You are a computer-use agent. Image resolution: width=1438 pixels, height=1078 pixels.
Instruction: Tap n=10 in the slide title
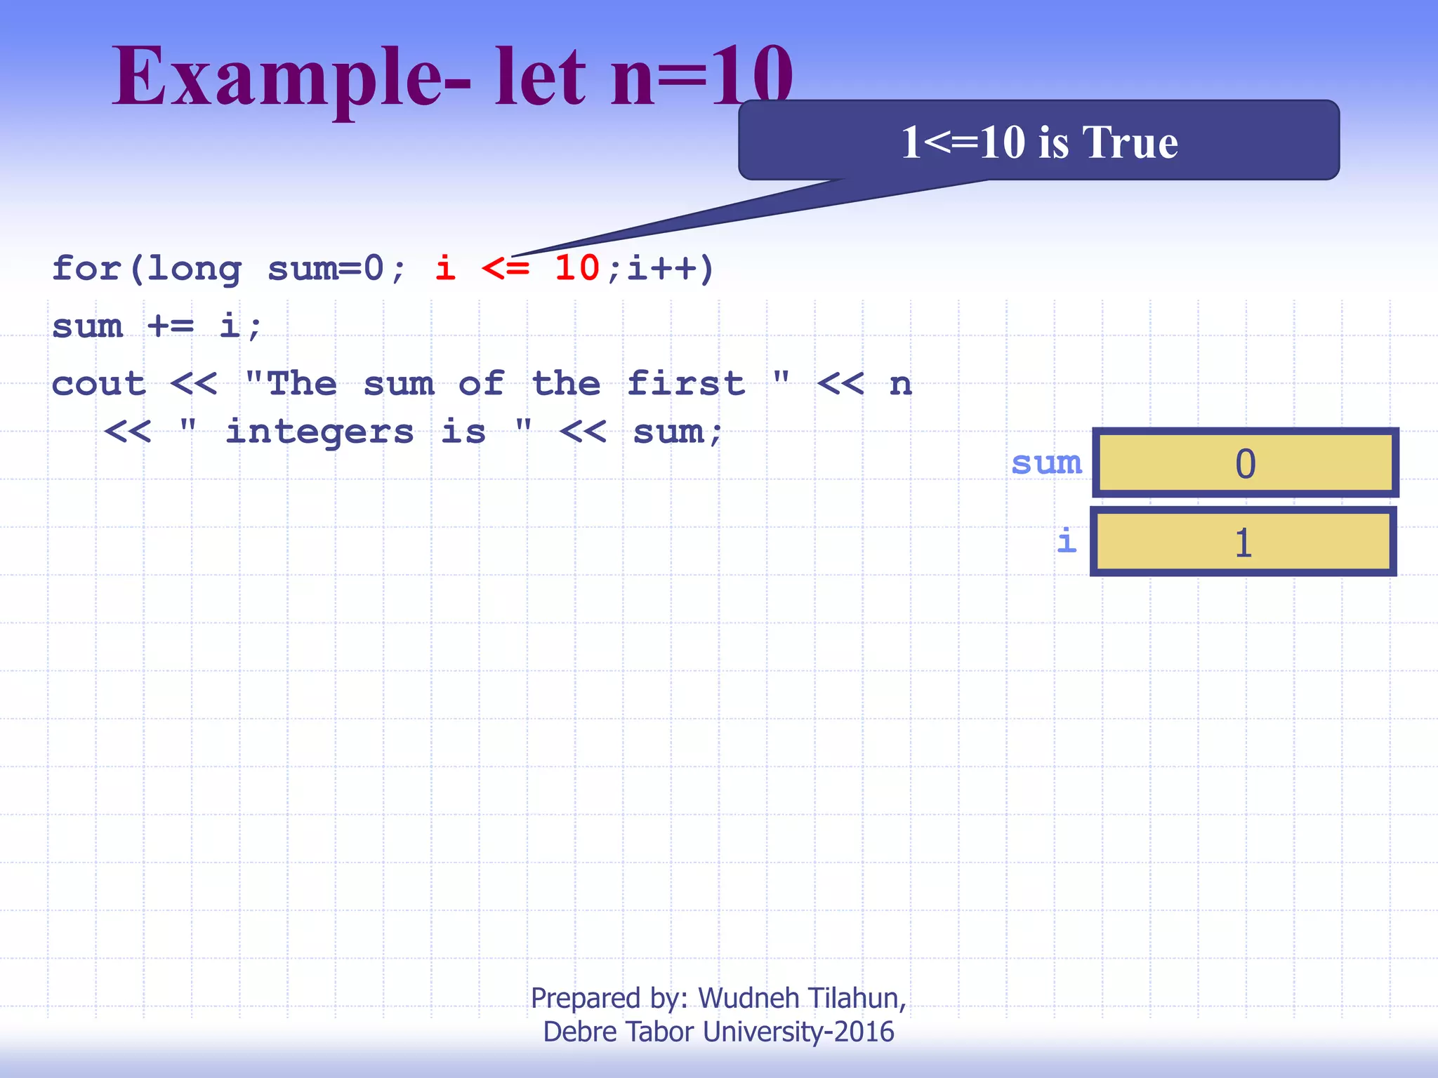coord(702,77)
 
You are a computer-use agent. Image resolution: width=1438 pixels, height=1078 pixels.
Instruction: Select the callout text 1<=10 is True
coord(1039,142)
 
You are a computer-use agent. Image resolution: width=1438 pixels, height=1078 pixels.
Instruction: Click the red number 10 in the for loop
coord(576,268)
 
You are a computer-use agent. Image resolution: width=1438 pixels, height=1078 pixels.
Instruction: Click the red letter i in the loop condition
coord(445,268)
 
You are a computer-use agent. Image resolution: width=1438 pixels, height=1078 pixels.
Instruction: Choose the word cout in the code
coord(99,384)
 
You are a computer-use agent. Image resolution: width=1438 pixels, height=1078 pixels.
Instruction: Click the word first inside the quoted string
coord(685,384)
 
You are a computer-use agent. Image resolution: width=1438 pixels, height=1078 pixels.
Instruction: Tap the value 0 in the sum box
coord(1245,464)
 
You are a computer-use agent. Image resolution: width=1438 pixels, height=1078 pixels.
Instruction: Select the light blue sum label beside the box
coord(1046,463)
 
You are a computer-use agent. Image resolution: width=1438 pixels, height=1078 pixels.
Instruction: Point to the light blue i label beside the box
coord(1067,541)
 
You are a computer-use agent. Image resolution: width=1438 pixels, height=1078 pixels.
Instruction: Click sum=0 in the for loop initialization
coord(326,268)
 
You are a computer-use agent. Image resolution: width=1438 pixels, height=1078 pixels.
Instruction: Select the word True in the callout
coord(1130,142)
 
